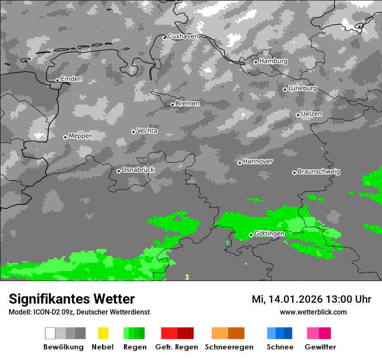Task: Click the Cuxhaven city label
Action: point(183,36)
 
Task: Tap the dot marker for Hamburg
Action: point(256,62)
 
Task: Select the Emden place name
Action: point(71,79)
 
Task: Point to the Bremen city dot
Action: point(172,105)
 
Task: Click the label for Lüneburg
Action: point(303,88)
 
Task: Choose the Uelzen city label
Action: point(311,114)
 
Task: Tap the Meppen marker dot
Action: point(65,137)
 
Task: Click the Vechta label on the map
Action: point(147,131)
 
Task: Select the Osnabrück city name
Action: point(138,170)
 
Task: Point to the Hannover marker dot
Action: point(240,163)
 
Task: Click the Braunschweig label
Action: point(319,172)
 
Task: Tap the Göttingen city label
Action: point(269,234)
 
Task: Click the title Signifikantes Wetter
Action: point(72,299)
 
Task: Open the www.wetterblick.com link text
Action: point(313,312)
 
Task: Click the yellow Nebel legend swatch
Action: point(103,333)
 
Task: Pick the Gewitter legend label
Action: point(320,347)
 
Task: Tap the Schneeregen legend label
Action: point(229,347)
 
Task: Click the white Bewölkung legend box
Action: point(50,333)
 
